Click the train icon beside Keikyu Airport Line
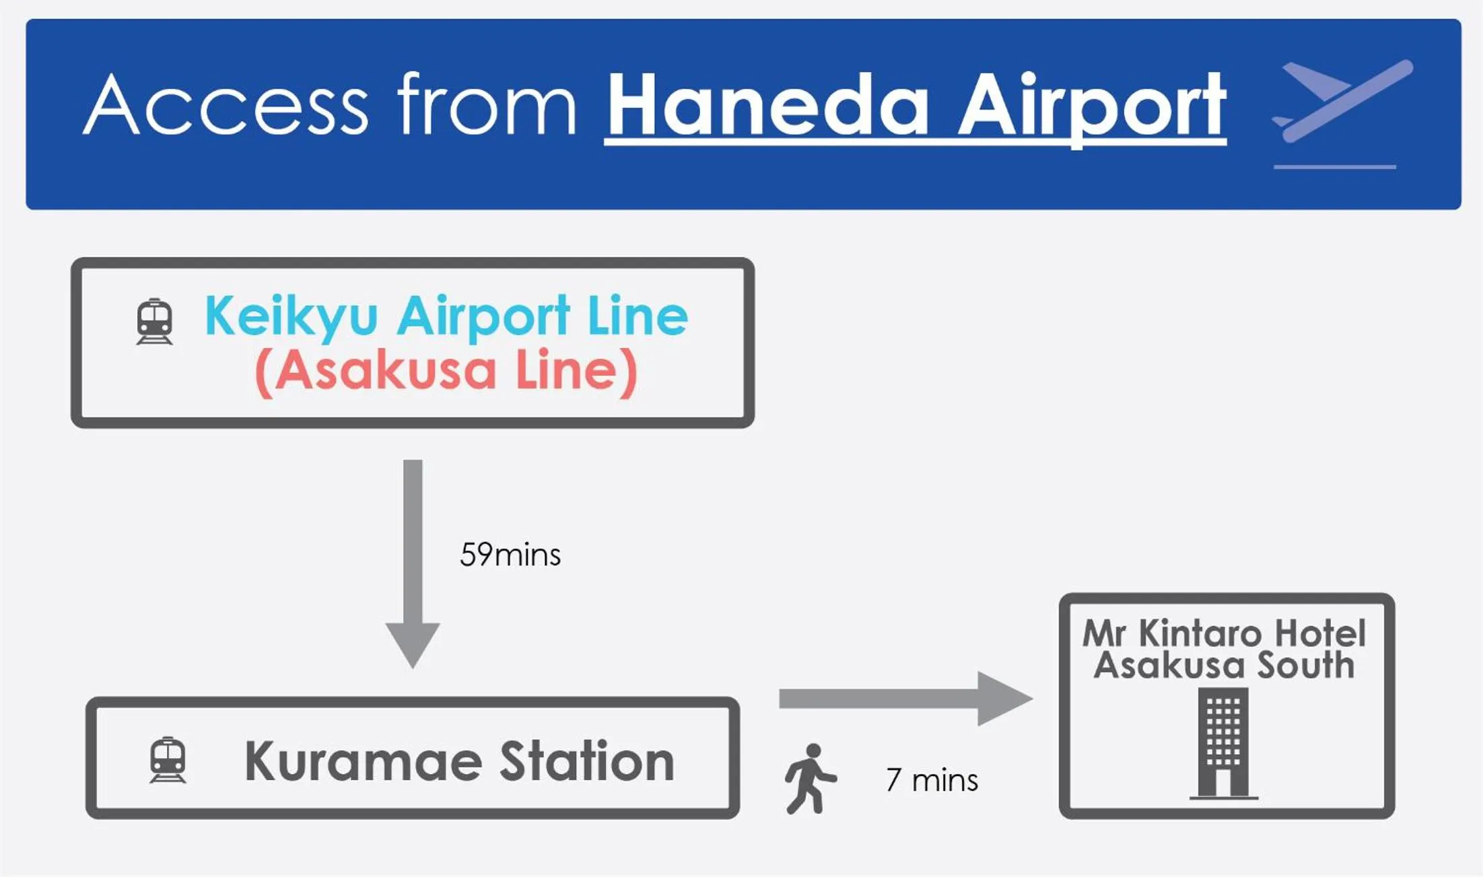pos(154,321)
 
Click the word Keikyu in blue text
pos(291,317)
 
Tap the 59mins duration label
pos(510,555)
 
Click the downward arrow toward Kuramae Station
pos(413,564)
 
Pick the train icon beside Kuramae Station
pos(168,760)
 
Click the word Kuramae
pos(364,761)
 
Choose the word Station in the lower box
pos(587,761)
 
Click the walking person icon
pos(810,779)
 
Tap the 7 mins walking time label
pos(932,780)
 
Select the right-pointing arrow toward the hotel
pos(906,699)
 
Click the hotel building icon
pos(1223,744)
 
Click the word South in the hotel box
pos(1305,666)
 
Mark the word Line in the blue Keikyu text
pos(638,316)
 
